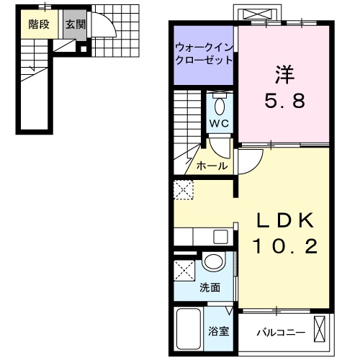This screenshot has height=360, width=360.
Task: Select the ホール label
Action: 212,166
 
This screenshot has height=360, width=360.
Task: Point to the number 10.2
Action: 284,246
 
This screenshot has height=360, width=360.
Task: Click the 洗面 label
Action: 210,288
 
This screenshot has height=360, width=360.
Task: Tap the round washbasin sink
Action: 212,263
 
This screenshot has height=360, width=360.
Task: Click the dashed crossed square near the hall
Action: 182,191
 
